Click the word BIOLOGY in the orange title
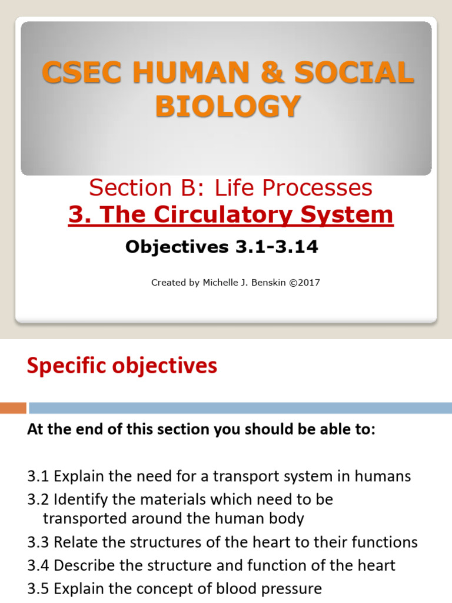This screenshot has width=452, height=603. (x=227, y=107)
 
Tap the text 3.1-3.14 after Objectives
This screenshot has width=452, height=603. (x=277, y=247)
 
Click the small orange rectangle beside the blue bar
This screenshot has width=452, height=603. (x=13, y=407)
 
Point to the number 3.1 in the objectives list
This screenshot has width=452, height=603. (x=38, y=476)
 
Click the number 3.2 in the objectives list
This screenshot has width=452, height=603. (x=38, y=500)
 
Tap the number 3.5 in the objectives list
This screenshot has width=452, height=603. (x=38, y=588)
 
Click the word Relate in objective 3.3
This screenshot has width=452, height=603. (x=74, y=542)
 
